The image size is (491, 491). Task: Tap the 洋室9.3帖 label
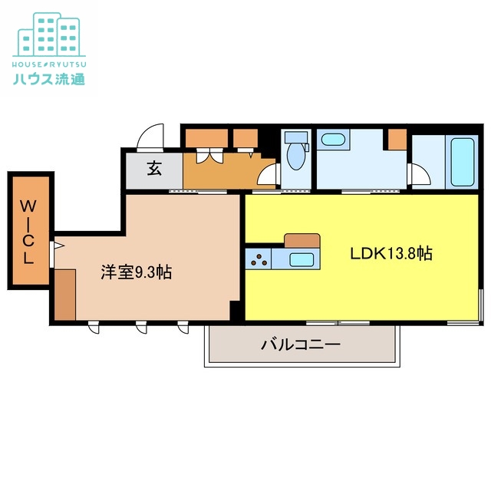pyautogui.click(x=137, y=272)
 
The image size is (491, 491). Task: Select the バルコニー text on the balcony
pyautogui.click(x=300, y=344)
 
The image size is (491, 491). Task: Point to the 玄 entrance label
pyautogui.click(x=154, y=169)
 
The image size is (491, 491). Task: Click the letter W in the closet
pyautogui.click(x=28, y=206)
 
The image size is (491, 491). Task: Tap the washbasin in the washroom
pyautogui.click(x=332, y=140)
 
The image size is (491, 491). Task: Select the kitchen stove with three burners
pyautogui.click(x=259, y=259)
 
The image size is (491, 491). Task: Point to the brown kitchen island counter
pyautogui.click(x=301, y=240)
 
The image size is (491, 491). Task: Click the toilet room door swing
pyautogui.click(x=268, y=176)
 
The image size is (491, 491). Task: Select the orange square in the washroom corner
pyautogui.click(x=397, y=140)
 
